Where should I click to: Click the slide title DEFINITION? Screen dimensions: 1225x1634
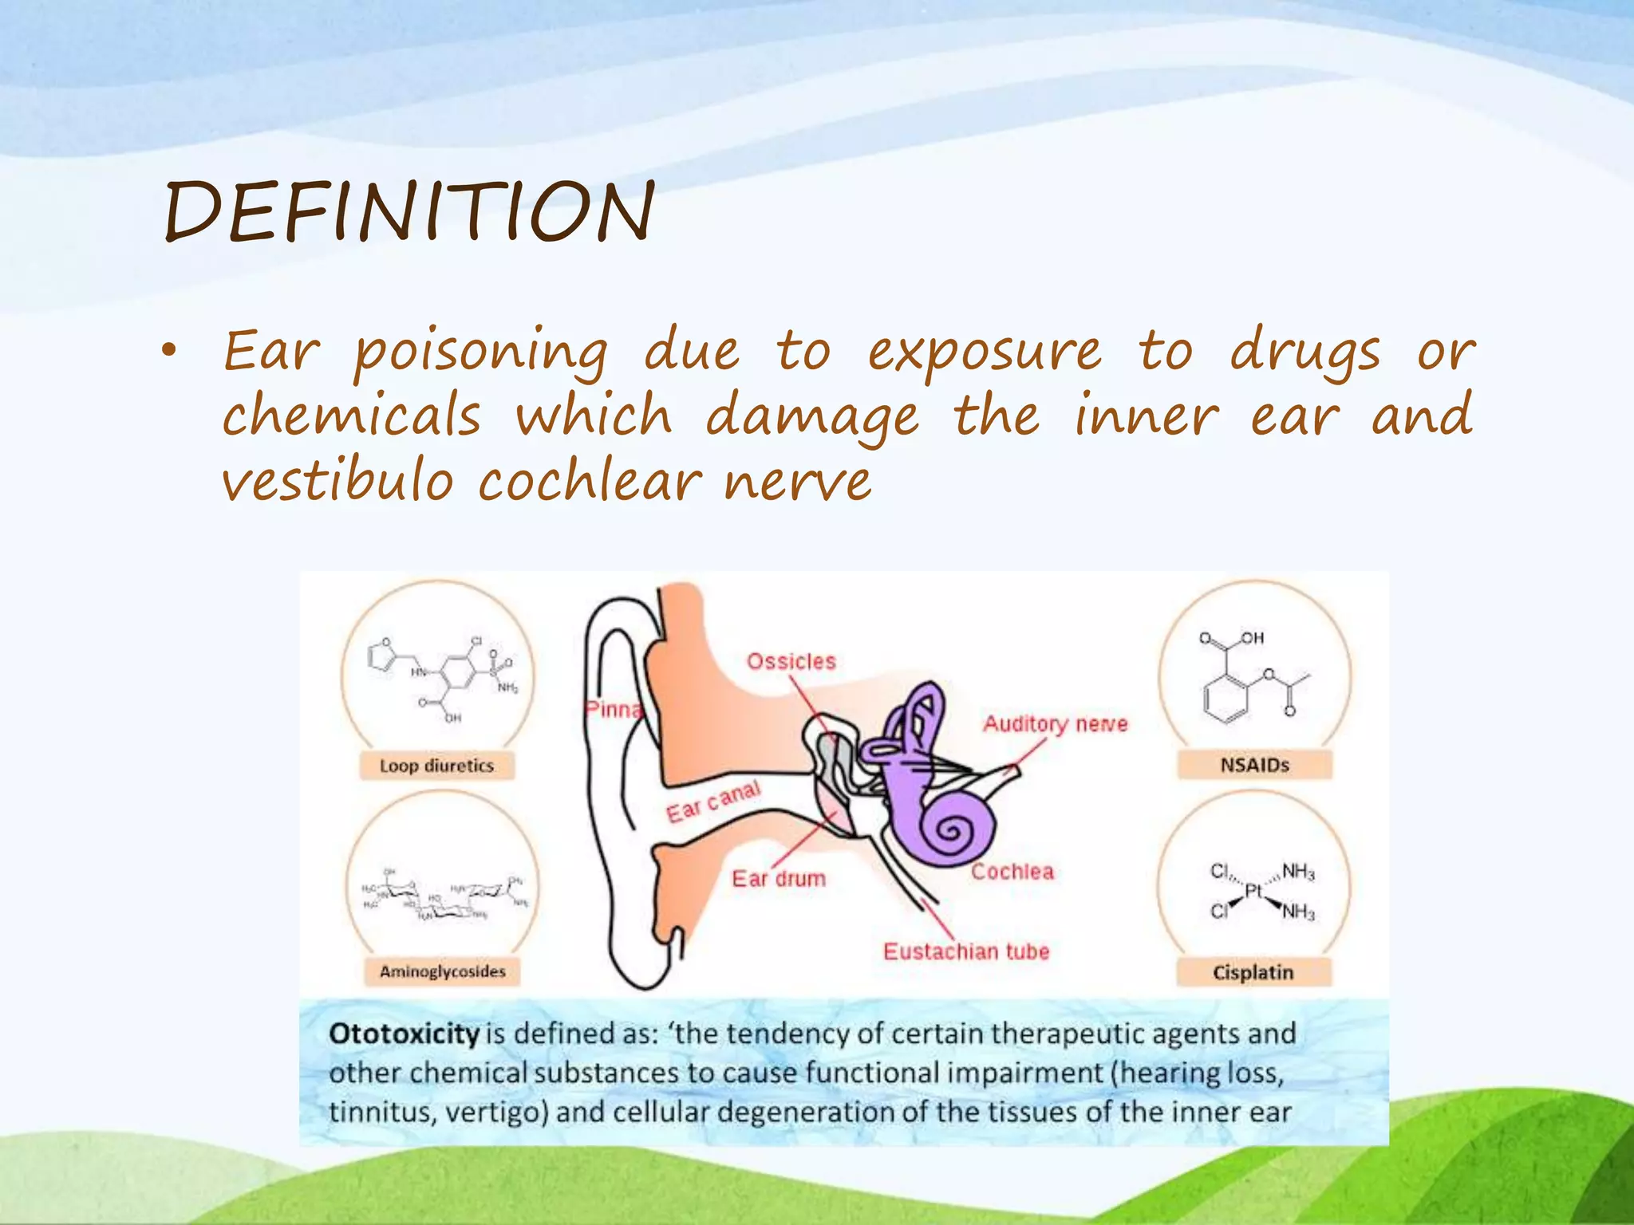[x=409, y=211]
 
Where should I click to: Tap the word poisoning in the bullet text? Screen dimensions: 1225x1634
[x=480, y=352]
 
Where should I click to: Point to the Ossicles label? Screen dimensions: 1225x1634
[x=791, y=661]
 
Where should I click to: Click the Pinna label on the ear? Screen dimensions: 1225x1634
[x=613, y=709]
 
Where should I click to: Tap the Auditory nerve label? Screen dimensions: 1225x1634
[x=1055, y=723]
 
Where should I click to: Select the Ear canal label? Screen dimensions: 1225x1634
[x=713, y=802]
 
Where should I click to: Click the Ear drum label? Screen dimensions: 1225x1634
[x=779, y=878]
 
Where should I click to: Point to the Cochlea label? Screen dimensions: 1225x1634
[x=1012, y=872]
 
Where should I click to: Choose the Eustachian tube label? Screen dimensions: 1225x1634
[x=966, y=951]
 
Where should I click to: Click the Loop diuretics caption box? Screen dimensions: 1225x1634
[x=436, y=766]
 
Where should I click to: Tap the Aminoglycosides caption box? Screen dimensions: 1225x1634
[x=442, y=971]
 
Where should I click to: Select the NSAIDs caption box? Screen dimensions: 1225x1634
[x=1254, y=765]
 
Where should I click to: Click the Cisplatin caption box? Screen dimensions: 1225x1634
[x=1253, y=972]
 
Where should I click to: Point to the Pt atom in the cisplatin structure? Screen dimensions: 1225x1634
[x=1253, y=892]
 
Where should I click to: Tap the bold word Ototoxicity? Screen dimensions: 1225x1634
[x=404, y=1034]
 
